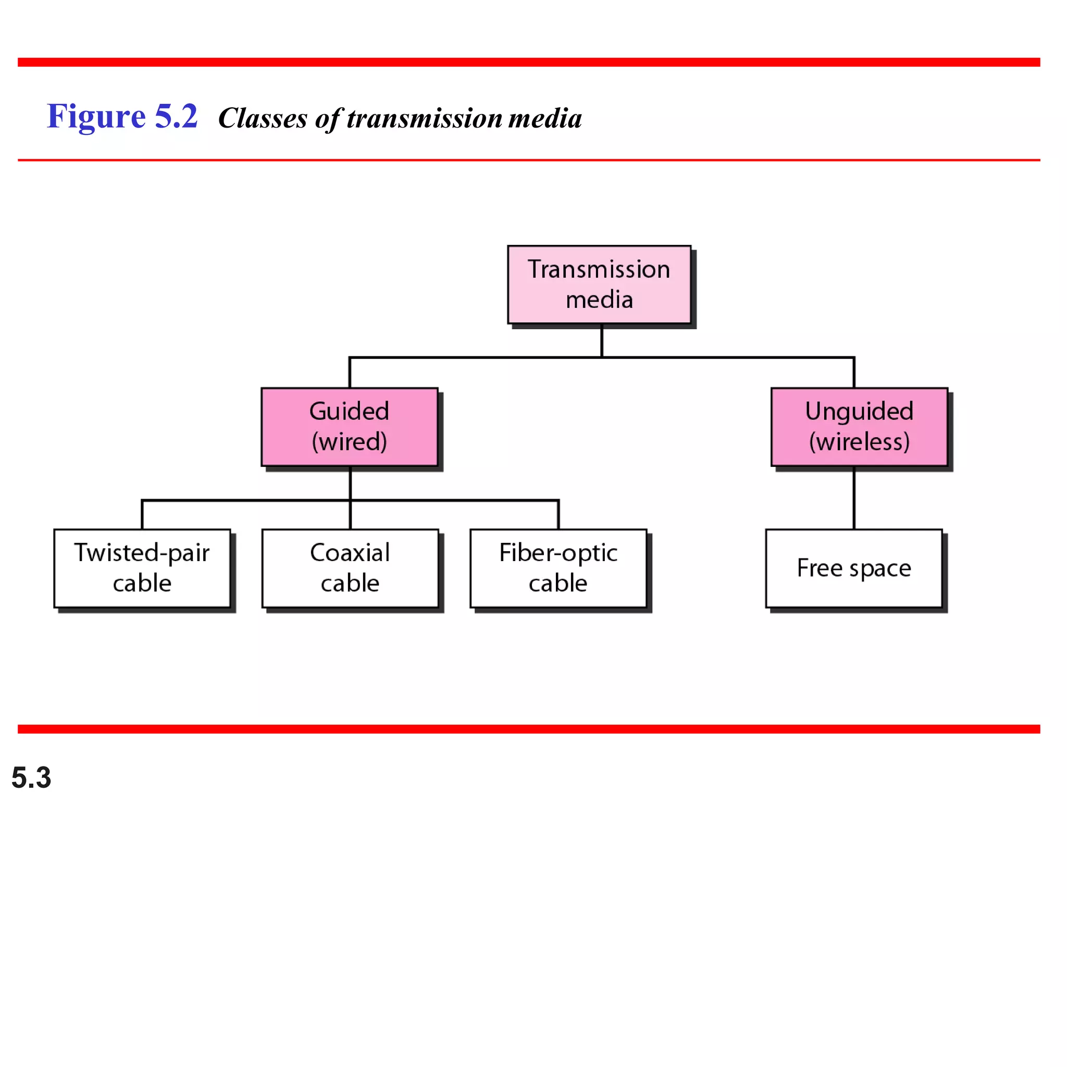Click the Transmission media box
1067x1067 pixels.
point(599,284)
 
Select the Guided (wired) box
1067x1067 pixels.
point(350,426)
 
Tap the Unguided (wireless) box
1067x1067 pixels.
point(859,426)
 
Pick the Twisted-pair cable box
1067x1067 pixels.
point(142,568)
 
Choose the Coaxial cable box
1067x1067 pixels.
point(350,568)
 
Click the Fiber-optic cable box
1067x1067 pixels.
point(558,568)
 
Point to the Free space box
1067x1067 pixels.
point(853,568)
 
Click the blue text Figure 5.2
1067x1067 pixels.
point(122,117)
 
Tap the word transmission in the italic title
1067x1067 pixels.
point(425,118)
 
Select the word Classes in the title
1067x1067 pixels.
point(263,118)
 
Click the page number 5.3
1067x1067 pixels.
point(31,778)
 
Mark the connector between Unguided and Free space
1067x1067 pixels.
point(854,498)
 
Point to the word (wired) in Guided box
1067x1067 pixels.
point(349,442)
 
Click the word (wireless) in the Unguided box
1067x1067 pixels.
point(859,442)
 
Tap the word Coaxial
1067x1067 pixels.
point(350,552)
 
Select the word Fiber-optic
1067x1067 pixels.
point(558,552)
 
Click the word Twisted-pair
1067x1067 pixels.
point(142,552)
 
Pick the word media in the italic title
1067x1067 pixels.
point(544,118)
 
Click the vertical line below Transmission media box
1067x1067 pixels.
point(601,341)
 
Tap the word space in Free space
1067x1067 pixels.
point(880,569)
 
